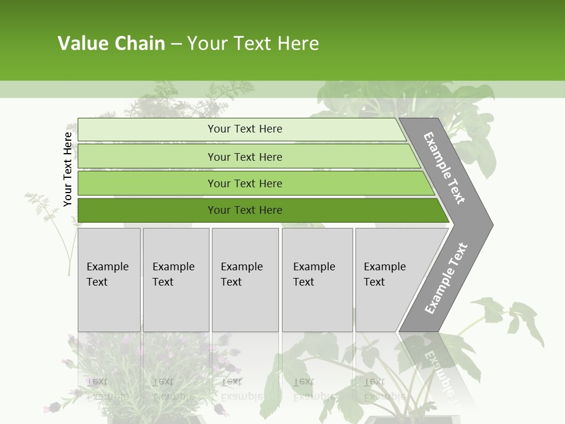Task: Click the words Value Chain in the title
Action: point(111,44)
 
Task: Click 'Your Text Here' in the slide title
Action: point(253,44)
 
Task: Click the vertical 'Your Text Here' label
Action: point(68,169)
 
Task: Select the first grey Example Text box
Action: point(109,280)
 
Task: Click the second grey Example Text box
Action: point(176,280)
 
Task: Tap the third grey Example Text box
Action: point(245,280)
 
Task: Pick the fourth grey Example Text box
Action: point(317,280)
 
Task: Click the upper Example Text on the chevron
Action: point(444,168)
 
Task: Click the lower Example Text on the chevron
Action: point(446,279)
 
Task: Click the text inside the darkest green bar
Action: point(245,210)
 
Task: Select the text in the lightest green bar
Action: point(245,129)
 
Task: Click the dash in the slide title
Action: point(176,44)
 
